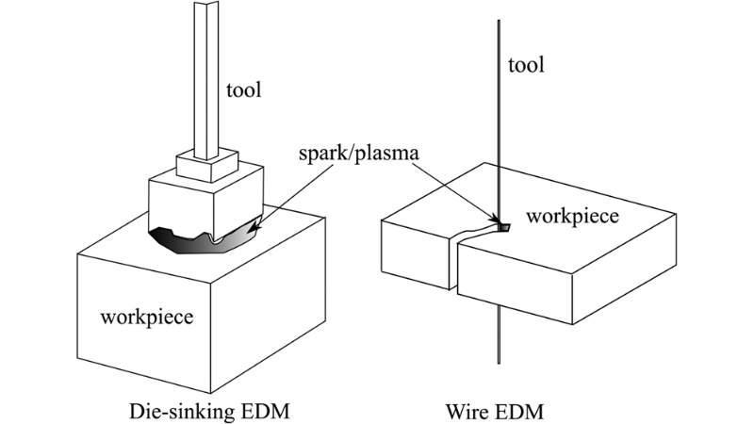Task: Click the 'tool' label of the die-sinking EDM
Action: [x=243, y=90]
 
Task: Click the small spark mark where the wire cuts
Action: [x=502, y=226]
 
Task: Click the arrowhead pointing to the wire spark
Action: [x=496, y=217]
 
